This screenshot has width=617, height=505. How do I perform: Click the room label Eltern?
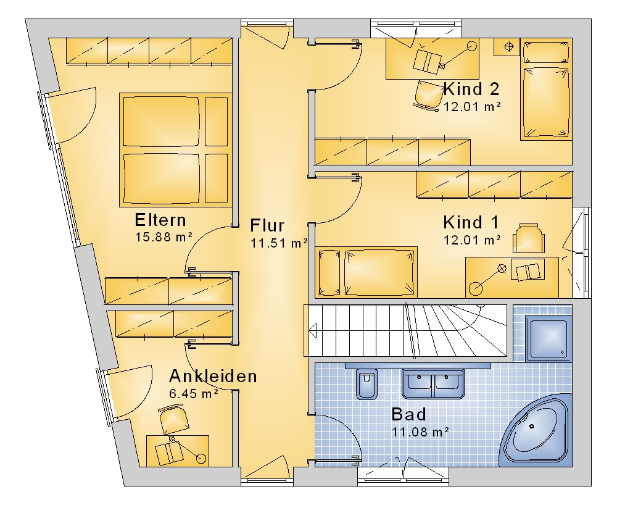pos(160,220)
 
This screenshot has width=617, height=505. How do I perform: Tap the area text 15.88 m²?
pos(164,237)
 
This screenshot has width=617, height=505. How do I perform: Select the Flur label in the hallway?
pos(267,225)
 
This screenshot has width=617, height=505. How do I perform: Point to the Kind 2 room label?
pos(471,89)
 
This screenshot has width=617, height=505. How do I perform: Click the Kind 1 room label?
pos(471,222)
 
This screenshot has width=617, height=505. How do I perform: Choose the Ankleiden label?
pos(213,377)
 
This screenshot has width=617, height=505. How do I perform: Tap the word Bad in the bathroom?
pos(409,414)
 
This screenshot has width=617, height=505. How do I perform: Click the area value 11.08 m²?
pos(420,432)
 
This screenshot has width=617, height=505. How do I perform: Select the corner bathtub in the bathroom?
pos(536,430)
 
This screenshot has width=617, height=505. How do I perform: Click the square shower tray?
pos(548,339)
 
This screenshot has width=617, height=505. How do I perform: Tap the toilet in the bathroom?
pos(366,384)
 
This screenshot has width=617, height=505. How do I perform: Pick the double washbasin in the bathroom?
pos(433,384)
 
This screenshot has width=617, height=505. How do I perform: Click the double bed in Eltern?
pos(175,150)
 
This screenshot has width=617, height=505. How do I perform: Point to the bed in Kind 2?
pos(546,90)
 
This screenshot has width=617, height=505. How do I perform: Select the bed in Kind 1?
pos(366,272)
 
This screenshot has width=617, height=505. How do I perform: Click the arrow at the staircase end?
pos(313,331)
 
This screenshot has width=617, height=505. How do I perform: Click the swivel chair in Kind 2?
pos(428,95)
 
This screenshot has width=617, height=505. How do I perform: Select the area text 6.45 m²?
pos(194,394)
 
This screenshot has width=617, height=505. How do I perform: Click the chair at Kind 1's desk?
pos(529,238)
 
